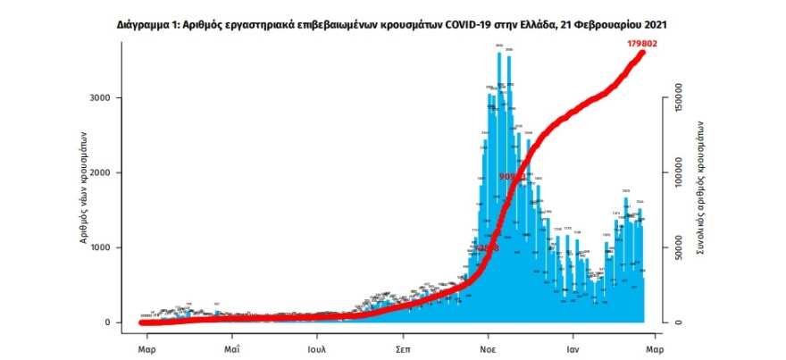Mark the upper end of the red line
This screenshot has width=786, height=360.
pos(642,52)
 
